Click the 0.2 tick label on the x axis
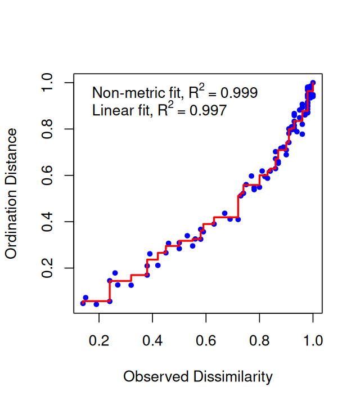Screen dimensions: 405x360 [x=99, y=340]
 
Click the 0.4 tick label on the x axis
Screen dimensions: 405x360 [x=152, y=340]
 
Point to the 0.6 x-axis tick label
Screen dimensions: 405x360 [x=206, y=340]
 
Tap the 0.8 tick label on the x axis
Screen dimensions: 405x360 [x=259, y=340]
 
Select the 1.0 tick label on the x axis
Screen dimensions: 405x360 [x=313, y=340]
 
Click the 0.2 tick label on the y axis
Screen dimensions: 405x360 [x=49, y=268]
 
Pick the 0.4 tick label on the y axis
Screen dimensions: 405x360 [x=49, y=222]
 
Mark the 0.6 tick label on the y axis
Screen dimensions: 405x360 [x=49, y=175]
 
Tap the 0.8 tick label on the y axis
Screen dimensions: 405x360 [x=49, y=129]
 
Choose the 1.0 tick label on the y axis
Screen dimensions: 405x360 [x=49, y=83]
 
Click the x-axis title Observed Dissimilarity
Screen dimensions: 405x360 [x=197, y=376]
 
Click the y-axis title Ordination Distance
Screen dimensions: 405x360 [x=11, y=193]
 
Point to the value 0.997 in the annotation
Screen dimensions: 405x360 [x=209, y=110]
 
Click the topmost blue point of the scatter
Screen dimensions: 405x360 [x=313, y=83]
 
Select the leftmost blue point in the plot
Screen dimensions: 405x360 [x=83, y=303]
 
